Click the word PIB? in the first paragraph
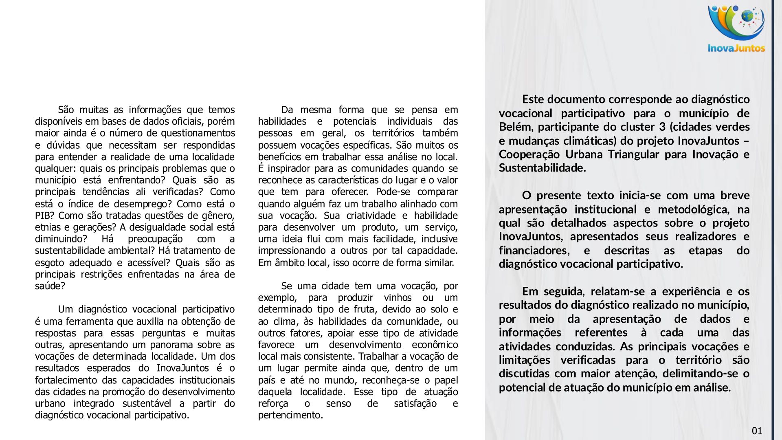tap(43, 216)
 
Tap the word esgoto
tap(49, 262)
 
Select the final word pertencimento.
tap(290, 415)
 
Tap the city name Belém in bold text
tap(515, 127)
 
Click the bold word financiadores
tap(534, 250)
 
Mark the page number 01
tap(757, 431)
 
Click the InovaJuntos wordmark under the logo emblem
tap(736, 48)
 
